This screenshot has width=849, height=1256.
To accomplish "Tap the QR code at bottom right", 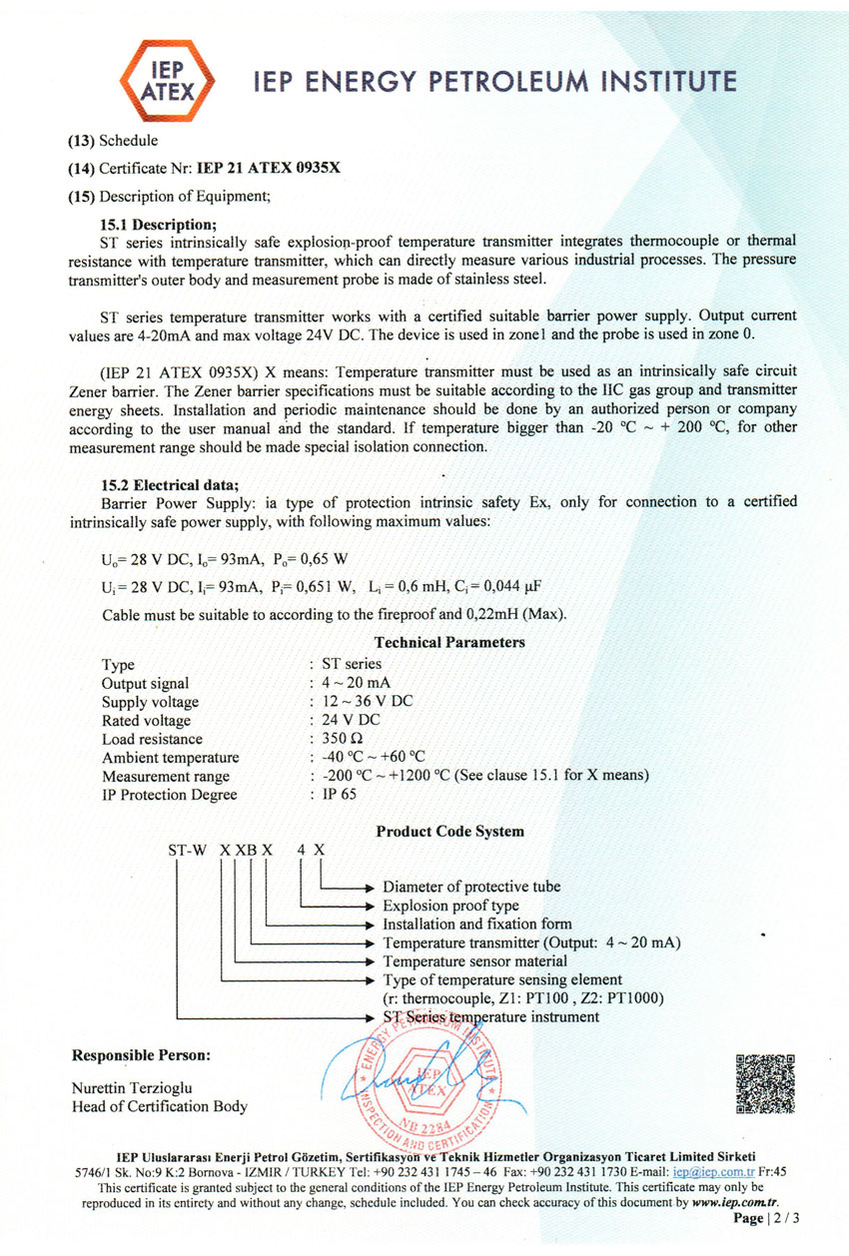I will tap(765, 1082).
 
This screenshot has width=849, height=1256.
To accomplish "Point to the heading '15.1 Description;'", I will tap(159, 224).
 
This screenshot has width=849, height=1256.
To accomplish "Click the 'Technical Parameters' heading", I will tap(449, 642).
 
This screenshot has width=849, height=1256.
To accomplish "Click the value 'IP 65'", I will tap(340, 795).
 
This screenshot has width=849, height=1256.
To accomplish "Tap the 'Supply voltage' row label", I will tap(150, 702).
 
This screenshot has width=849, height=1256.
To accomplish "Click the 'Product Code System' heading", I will tap(449, 831).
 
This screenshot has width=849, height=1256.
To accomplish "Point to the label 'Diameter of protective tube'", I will tap(471, 887).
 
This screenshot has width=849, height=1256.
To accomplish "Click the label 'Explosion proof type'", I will tap(450, 906).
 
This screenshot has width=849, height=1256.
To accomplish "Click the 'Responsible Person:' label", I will tap(141, 1055).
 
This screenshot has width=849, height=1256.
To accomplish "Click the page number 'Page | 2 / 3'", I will tap(767, 1219).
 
